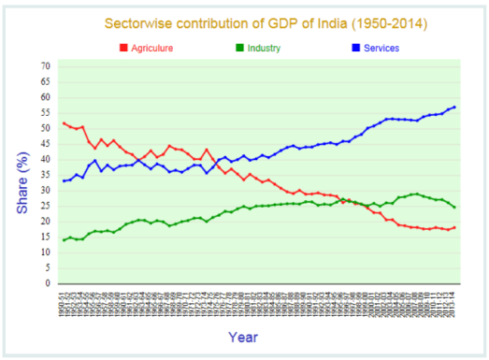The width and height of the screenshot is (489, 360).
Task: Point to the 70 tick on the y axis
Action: tap(47, 66)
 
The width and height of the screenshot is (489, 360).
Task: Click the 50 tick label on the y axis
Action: tap(47, 128)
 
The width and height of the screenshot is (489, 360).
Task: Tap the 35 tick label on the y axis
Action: tap(47, 175)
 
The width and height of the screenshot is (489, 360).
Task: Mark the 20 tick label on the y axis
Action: tap(47, 222)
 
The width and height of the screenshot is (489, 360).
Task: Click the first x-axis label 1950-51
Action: tap(64, 302)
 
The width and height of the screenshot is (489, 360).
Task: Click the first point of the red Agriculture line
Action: tap(64, 123)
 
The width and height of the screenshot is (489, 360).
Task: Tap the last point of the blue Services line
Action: tap(455, 107)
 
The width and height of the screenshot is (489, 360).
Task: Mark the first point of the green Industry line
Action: tap(64, 240)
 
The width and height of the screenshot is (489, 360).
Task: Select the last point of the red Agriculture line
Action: tap(455, 227)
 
